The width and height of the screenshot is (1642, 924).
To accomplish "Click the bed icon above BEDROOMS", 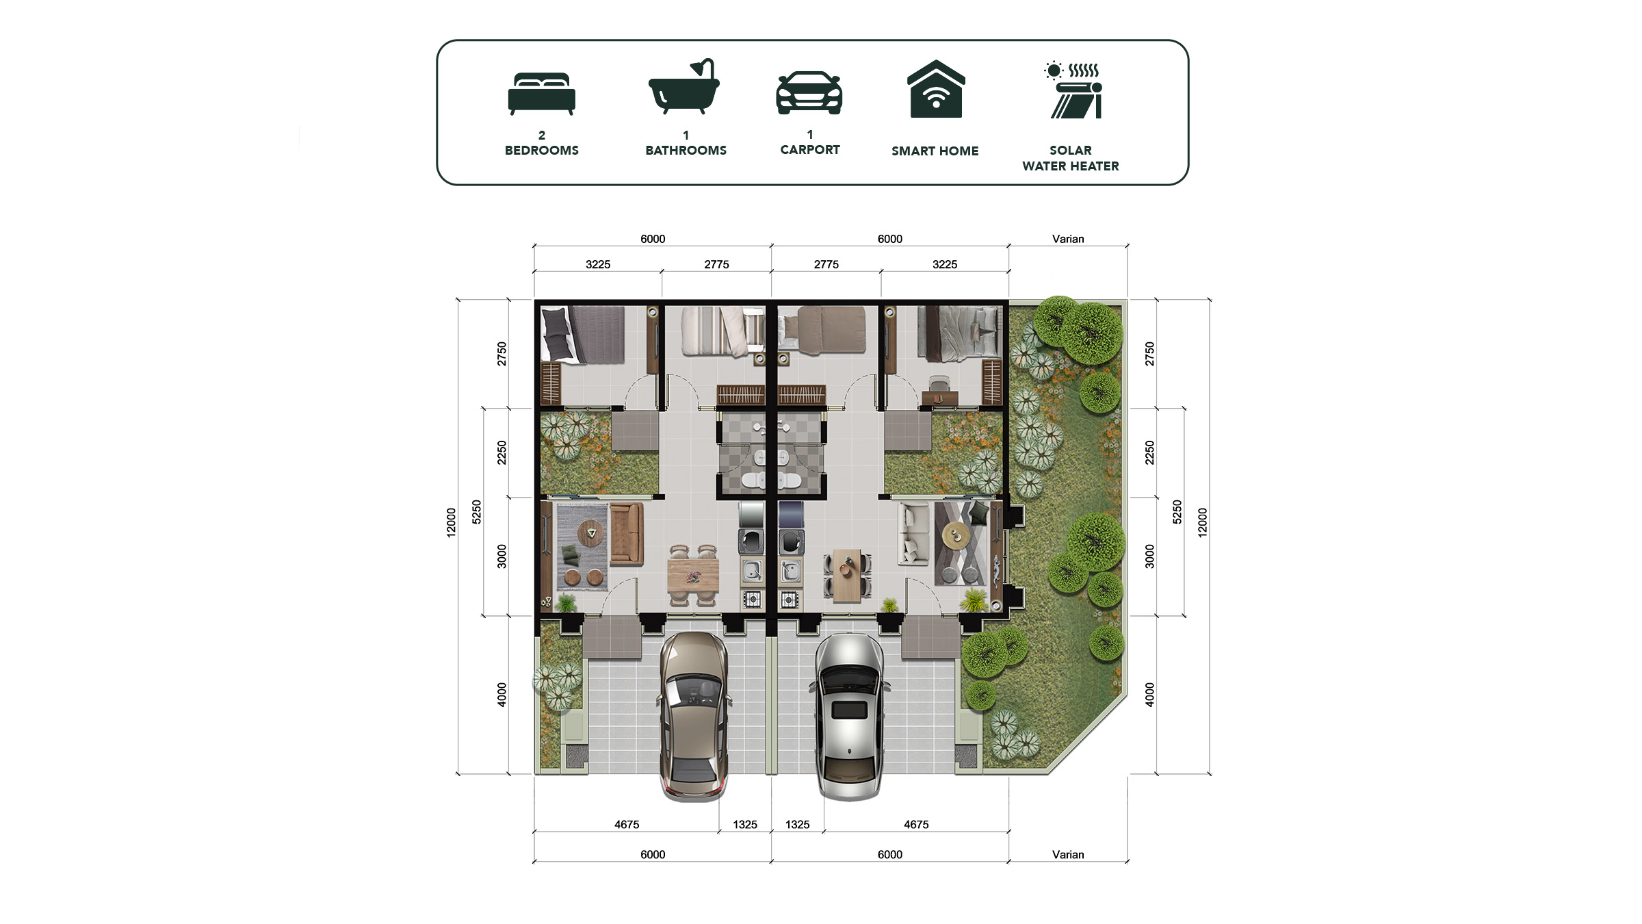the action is tap(541, 94).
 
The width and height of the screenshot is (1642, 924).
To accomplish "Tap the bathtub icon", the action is tap(684, 86).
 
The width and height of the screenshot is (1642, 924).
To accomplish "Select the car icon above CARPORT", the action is tap(809, 92).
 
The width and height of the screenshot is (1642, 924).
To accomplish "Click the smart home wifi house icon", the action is tap(936, 89).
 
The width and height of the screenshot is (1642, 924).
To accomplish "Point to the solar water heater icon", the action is tap(1073, 90).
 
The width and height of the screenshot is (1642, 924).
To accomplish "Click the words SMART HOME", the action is tap(935, 151).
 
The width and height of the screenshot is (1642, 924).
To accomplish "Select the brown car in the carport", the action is tap(694, 716).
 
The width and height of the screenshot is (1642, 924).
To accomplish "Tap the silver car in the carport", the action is tap(849, 716).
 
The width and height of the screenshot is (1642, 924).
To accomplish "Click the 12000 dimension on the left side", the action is tap(451, 522).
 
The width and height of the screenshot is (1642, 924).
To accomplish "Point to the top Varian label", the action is tap(1068, 239).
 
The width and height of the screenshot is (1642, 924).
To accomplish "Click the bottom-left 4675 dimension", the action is tap(627, 824).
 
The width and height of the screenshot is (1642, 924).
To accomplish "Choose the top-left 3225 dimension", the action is tap(598, 264).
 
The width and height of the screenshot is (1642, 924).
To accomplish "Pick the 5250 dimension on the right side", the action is tap(1177, 512).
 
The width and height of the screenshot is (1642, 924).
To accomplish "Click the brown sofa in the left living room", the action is tap(627, 535).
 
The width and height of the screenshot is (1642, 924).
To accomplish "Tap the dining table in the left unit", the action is tap(693, 576).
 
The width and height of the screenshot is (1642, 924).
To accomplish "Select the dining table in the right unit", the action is tap(848, 575).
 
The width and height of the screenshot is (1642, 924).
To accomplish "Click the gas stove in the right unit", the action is tap(790, 600).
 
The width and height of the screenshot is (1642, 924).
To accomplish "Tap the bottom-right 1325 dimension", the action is tap(797, 824).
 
